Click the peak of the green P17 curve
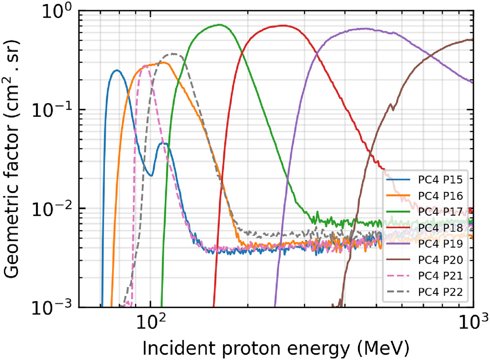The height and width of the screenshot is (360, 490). pyautogui.click(x=220, y=24)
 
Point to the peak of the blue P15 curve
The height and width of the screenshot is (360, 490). pyautogui.click(x=117, y=70)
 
